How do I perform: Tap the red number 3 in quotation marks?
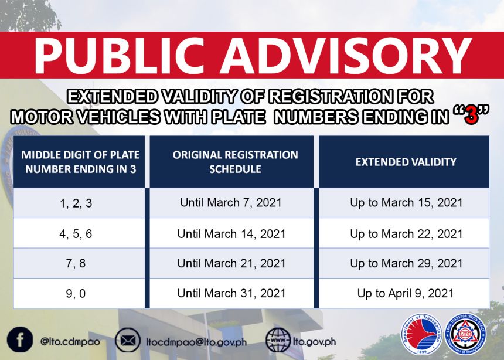click(x=468, y=116)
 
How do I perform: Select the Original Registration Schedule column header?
click(x=235, y=162)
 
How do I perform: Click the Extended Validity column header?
click(x=406, y=162)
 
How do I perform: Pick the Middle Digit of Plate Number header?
click(x=80, y=162)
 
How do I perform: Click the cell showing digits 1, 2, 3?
click(x=80, y=203)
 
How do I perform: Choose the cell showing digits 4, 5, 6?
click(x=80, y=233)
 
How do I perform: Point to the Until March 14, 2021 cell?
click(x=231, y=233)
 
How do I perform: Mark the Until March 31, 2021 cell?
click(x=231, y=293)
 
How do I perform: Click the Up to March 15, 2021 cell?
click(x=406, y=203)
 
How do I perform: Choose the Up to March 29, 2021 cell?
click(x=406, y=263)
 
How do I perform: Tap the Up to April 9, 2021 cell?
click(x=406, y=293)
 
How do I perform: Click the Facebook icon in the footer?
click(x=20, y=339)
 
